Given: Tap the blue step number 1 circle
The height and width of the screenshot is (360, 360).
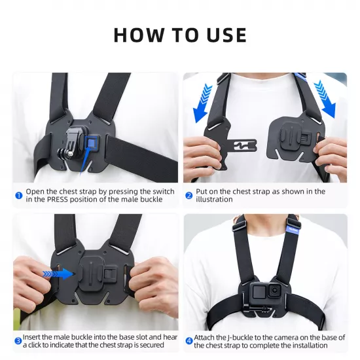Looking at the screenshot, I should click(x=19, y=194).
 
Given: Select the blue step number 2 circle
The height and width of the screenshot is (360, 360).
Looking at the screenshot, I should click(x=189, y=195).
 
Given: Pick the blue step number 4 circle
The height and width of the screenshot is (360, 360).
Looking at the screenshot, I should click(x=189, y=340).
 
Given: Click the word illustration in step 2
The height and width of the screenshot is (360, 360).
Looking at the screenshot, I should click(x=214, y=199).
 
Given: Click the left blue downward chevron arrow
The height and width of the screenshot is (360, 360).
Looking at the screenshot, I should click(x=206, y=103).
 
